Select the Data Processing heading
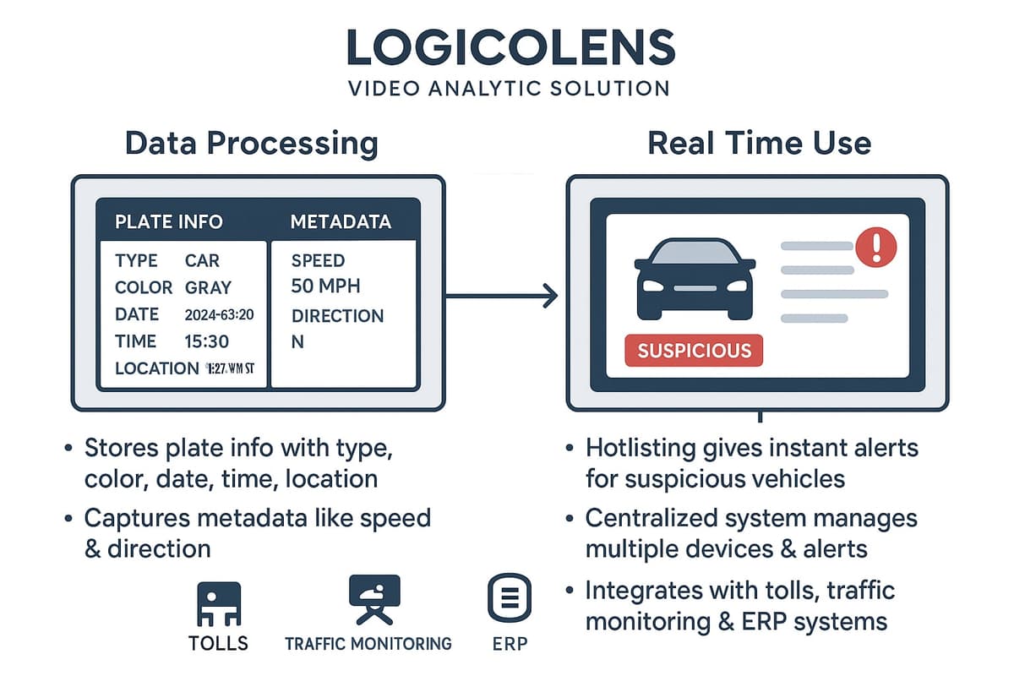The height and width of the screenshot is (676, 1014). click(x=251, y=143)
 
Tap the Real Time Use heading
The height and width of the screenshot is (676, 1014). click(x=759, y=143)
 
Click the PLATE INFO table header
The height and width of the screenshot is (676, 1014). click(x=169, y=222)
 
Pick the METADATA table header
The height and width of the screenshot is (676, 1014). click(x=341, y=222)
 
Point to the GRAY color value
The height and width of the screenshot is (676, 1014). click(x=208, y=287)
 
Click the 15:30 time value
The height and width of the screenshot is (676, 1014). click(x=206, y=341)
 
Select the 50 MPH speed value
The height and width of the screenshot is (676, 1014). click(x=325, y=286)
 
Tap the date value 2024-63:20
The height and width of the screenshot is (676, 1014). click(x=219, y=315)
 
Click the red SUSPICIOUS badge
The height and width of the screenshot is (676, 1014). click(x=694, y=350)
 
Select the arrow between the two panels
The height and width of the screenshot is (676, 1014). click(x=503, y=296)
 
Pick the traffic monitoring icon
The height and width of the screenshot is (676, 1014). click(x=374, y=599)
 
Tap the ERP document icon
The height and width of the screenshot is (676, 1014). click(x=510, y=599)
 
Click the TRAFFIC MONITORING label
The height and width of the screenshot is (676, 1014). click(x=368, y=644)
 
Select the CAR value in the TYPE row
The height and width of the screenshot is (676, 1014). click(x=202, y=260)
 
